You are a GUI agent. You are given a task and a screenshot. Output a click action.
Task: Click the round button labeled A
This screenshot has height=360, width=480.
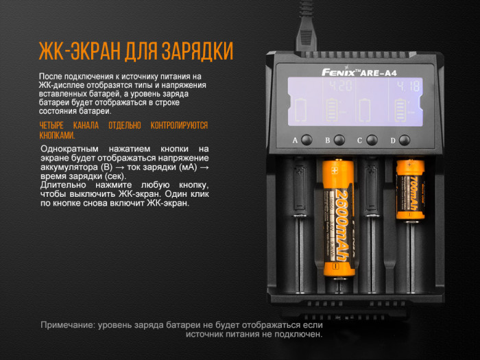coord(307,140)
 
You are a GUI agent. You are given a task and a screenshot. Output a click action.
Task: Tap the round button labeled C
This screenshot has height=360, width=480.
coord(372,140)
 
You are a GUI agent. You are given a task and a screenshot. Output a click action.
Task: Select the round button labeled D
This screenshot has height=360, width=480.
coord(405,140)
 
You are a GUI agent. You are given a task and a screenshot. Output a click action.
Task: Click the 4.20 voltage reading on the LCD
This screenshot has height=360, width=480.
coord(340,87)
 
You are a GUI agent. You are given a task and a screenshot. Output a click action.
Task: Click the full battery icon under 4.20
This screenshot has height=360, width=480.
coord(333,110)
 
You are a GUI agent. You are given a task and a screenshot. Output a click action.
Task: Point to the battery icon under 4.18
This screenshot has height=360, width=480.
coord(399,110)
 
